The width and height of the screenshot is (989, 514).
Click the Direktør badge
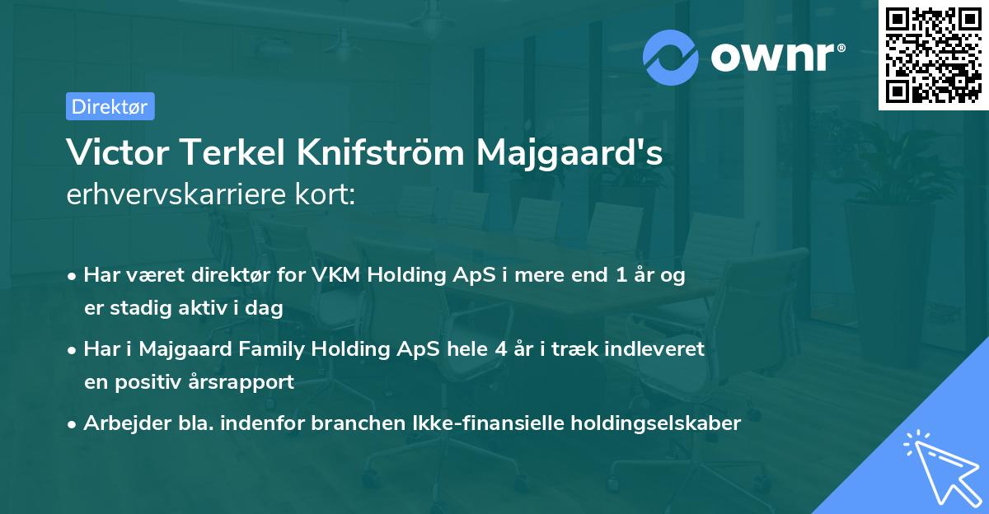[x=110, y=106]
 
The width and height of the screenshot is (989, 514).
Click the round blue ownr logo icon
[x=672, y=57]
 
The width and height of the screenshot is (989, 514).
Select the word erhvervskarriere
[x=170, y=194]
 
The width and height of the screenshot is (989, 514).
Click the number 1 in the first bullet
[x=610, y=275]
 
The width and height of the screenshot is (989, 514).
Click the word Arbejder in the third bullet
[x=120, y=423]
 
